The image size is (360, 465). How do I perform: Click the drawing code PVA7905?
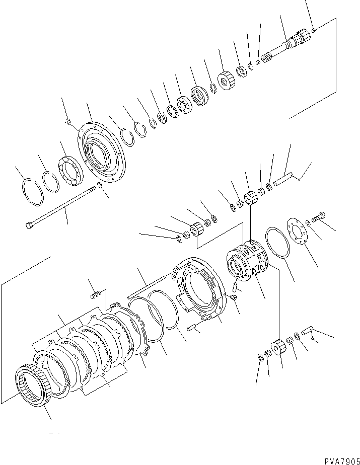pos(342,461)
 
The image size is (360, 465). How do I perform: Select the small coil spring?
pos(96,295)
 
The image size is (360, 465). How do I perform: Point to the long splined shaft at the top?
pos(286,45)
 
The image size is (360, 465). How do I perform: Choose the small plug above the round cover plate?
pos(67,121)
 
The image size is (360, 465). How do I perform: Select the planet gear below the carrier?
pos(278,347)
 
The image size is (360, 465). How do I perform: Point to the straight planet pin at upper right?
pos(283,180)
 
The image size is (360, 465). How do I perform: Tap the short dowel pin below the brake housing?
pos(193,328)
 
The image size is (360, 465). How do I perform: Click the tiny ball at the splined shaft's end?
pos(314,30)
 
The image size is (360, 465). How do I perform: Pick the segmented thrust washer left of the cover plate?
pos(71,171)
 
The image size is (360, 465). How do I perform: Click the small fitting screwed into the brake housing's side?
pos(233,297)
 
